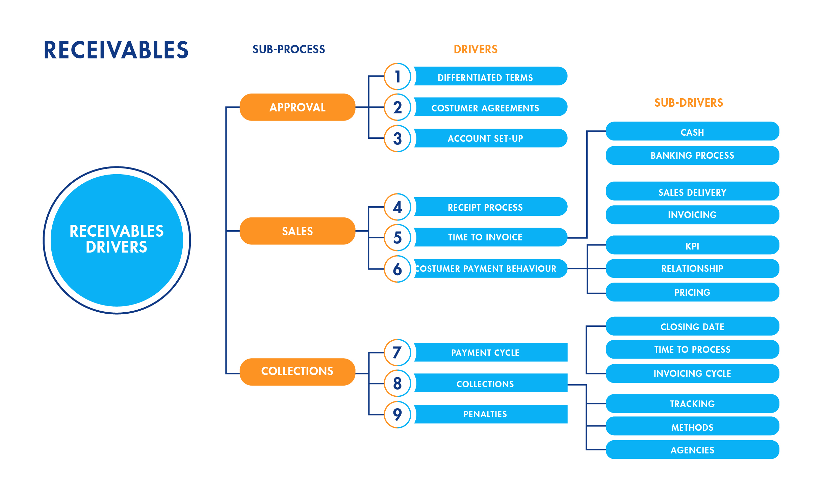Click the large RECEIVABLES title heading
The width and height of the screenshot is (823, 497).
pos(116,50)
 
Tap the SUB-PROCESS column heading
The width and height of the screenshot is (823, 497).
pos(288,50)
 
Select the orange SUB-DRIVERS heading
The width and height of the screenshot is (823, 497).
pos(689,103)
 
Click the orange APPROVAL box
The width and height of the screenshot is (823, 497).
pos(297,107)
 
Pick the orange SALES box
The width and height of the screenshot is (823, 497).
pos(297,231)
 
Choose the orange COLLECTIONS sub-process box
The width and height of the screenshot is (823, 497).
pos(297,371)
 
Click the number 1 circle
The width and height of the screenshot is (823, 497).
pos(397,77)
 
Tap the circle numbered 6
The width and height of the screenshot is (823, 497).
pos(397,269)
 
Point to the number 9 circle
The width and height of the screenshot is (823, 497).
pos(397,415)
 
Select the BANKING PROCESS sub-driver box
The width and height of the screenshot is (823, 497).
pos(692,155)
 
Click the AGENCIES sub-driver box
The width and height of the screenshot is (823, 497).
pos(692,450)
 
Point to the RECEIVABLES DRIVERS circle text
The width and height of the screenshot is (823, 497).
pos(117,239)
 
